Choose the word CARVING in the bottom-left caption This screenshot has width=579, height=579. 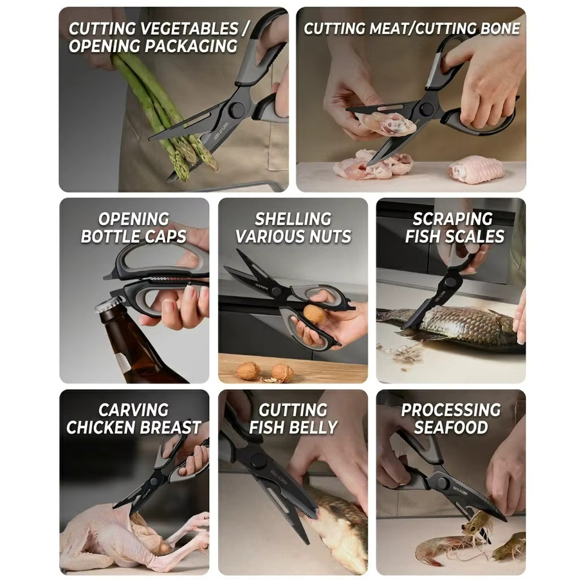click(x=133, y=410)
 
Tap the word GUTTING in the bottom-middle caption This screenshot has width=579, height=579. click(x=293, y=410)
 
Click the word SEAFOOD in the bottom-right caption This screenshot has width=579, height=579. click(x=451, y=428)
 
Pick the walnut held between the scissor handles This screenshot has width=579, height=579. click(x=313, y=314)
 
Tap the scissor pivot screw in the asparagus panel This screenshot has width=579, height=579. click(x=236, y=109)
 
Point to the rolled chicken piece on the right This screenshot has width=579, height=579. click(x=476, y=169)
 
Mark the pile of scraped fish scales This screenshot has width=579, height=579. click(x=401, y=353)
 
